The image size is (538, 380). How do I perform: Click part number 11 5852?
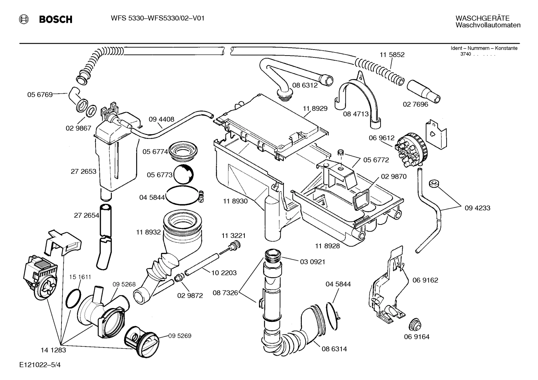[392, 54]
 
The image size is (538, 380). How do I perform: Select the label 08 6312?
[305, 85]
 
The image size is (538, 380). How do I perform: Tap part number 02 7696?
[415, 104]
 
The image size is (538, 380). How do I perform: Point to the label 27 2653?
[83, 172]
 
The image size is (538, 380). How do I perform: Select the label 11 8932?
[148, 232]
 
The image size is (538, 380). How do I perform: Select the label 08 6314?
[334, 349]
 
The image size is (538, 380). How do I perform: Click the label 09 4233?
[477, 208]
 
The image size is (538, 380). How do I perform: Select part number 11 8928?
[327, 246]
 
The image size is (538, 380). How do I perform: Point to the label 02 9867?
[78, 128]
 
